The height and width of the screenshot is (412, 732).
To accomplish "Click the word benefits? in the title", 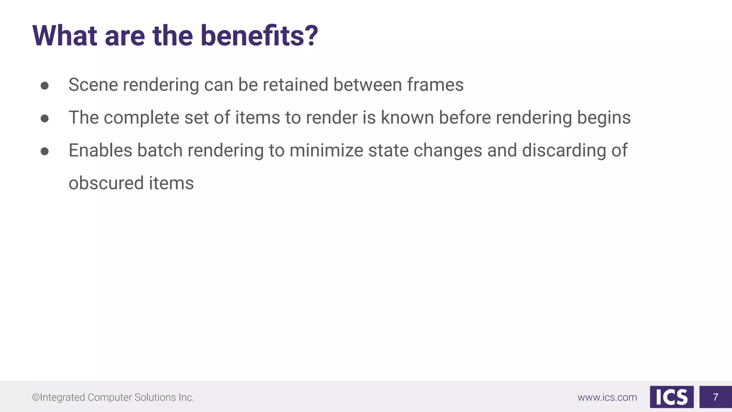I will click(x=259, y=36).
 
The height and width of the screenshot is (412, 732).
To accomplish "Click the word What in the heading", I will click(x=65, y=36).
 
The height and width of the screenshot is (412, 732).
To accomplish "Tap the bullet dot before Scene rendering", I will click(x=45, y=85).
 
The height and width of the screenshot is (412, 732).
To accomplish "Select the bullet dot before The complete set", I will click(x=45, y=118).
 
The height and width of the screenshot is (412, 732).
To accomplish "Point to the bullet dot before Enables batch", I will click(x=45, y=151).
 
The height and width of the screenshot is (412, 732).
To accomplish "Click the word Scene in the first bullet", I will click(x=93, y=85).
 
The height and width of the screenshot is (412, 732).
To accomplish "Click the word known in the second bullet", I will click(x=407, y=118).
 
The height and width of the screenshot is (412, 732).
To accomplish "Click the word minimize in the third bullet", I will click(x=326, y=151).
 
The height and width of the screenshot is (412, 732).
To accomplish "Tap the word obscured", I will click(x=106, y=183).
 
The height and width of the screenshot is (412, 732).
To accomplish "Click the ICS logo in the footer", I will click(x=672, y=397).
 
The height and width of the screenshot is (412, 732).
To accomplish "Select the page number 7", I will click(x=715, y=397).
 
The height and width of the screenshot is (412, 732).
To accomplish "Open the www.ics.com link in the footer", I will click(x=607, y=397).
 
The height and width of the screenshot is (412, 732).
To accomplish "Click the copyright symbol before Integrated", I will click(x=36, y=397).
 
